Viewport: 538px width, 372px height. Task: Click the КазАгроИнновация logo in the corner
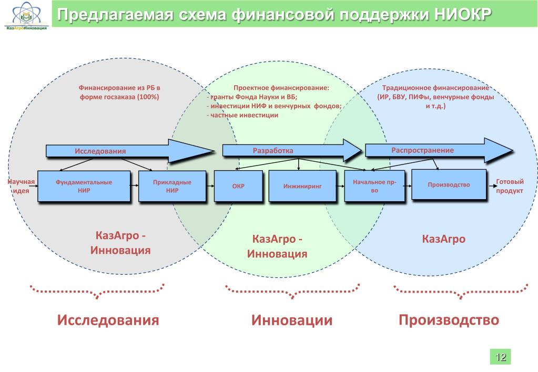[27, 16]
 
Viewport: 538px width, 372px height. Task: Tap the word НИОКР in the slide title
[463, 15]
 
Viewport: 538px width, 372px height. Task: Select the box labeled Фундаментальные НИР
[84, 186]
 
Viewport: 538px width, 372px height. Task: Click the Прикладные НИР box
[172, 186]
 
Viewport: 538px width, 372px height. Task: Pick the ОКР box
[238, 186]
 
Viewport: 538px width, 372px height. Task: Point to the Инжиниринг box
[302, 185]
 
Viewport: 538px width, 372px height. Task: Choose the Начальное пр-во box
[374, 186]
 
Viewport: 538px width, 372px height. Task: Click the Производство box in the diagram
[449, 184]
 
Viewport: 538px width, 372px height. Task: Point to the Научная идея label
[21, 186]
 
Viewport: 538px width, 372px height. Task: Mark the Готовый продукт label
[510, 186]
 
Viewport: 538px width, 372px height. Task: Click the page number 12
[500, 357]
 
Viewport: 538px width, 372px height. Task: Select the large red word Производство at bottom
[449, 319]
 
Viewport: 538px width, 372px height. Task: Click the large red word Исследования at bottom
[108, 320]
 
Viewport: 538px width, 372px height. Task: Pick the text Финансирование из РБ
[120, 88]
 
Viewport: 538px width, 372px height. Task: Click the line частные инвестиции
[243, 115]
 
